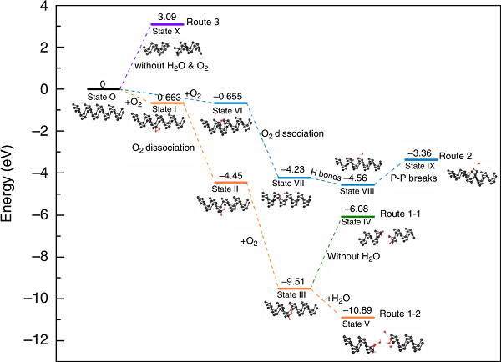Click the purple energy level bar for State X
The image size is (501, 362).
167,24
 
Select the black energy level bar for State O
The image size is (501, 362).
104,88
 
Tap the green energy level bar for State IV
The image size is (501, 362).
358,216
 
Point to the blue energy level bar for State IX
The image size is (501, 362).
421,159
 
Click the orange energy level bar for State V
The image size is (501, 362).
358,317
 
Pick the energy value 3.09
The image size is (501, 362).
167,17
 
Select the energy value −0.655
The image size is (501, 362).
227,97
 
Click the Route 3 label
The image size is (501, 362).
203,22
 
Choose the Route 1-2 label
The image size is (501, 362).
400,314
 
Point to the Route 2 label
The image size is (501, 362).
455,156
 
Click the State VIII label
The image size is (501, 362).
357,191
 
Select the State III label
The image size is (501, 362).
291,294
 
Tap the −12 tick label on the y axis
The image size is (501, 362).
35,340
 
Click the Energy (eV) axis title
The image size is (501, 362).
7,184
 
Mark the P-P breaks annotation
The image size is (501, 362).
413,178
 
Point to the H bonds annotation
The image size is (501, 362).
326,175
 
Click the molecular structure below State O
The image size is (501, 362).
98,112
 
